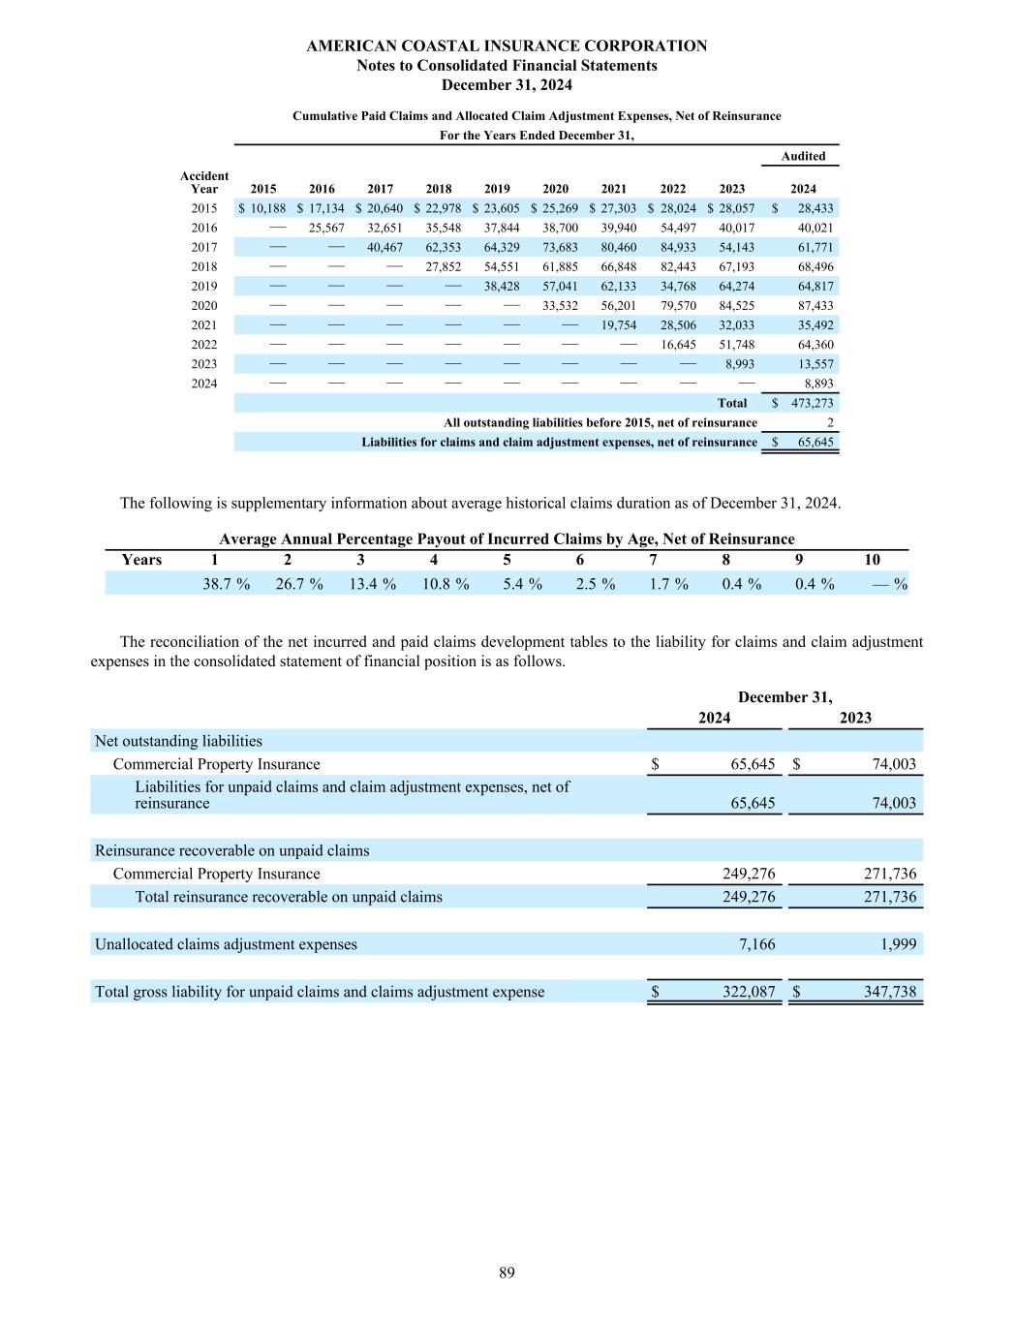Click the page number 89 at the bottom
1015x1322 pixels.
pyautogui.click(x=507, y=1273)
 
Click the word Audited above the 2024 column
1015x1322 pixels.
pyautogui.click(x=803, y=156)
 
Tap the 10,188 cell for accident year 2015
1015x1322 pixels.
pyautogui.click(x=267, y=208)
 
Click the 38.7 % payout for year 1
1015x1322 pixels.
pyautogui.click(x=226, y=584)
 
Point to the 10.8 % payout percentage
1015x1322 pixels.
pyautogui.click(x=445, y=584)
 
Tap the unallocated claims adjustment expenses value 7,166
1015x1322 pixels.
pyautogui.click(x=756, y=944)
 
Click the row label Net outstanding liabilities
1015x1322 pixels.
pyautogui.click(x=178, y=741)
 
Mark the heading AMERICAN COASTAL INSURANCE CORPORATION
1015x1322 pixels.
pyautogui.click(x=507, y=46)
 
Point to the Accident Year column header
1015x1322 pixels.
pyautogui.click(x=204, y=182)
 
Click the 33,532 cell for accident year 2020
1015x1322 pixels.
pyautogui.click(x=560, y=305)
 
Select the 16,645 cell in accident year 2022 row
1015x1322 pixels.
pyautogui.click(x=678, y=344)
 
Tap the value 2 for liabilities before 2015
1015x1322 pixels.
pyautogui.click(x=830, y=422)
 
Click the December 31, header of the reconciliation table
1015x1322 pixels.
pyautogui.click(x=784, y=697)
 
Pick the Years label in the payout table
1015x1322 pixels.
pyautogui.click(x=141, y=560)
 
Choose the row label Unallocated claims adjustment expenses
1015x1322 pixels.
pyautogui.click(x=226, y=944)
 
